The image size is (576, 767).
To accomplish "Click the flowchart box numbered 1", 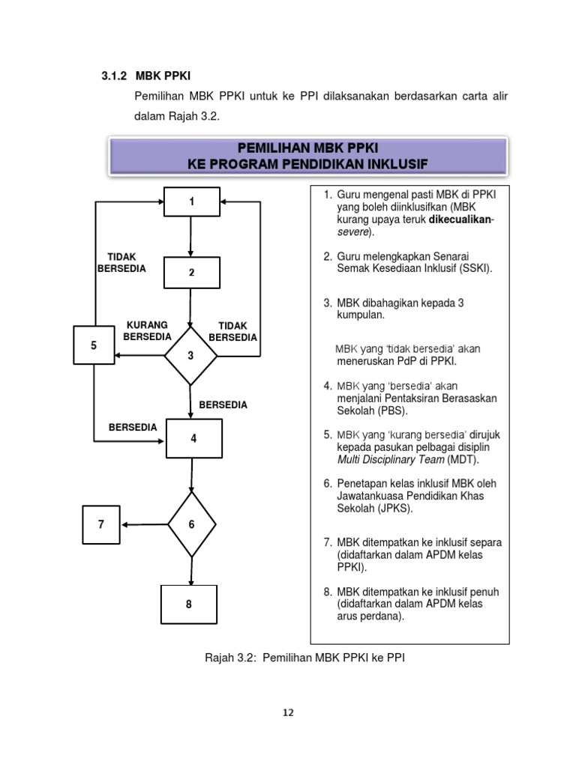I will [191, 202].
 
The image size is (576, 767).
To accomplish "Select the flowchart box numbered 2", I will [191, 272].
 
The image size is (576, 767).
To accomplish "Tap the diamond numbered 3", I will [191, 355].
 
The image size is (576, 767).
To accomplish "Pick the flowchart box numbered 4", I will [193, 439].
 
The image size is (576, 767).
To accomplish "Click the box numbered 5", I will [94, 346].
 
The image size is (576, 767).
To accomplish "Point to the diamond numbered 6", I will [192, 524].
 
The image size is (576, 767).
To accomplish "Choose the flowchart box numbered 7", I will [102, 524].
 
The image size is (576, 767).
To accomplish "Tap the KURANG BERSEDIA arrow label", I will [146, 331].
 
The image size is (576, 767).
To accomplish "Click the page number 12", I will [288, 712].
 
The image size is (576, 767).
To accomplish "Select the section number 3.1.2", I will [114, 76].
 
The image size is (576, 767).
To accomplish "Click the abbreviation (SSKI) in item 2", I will [475, 268].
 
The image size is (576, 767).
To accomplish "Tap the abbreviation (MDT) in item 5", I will [463, 459].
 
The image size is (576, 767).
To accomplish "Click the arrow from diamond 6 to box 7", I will [144, 524].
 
